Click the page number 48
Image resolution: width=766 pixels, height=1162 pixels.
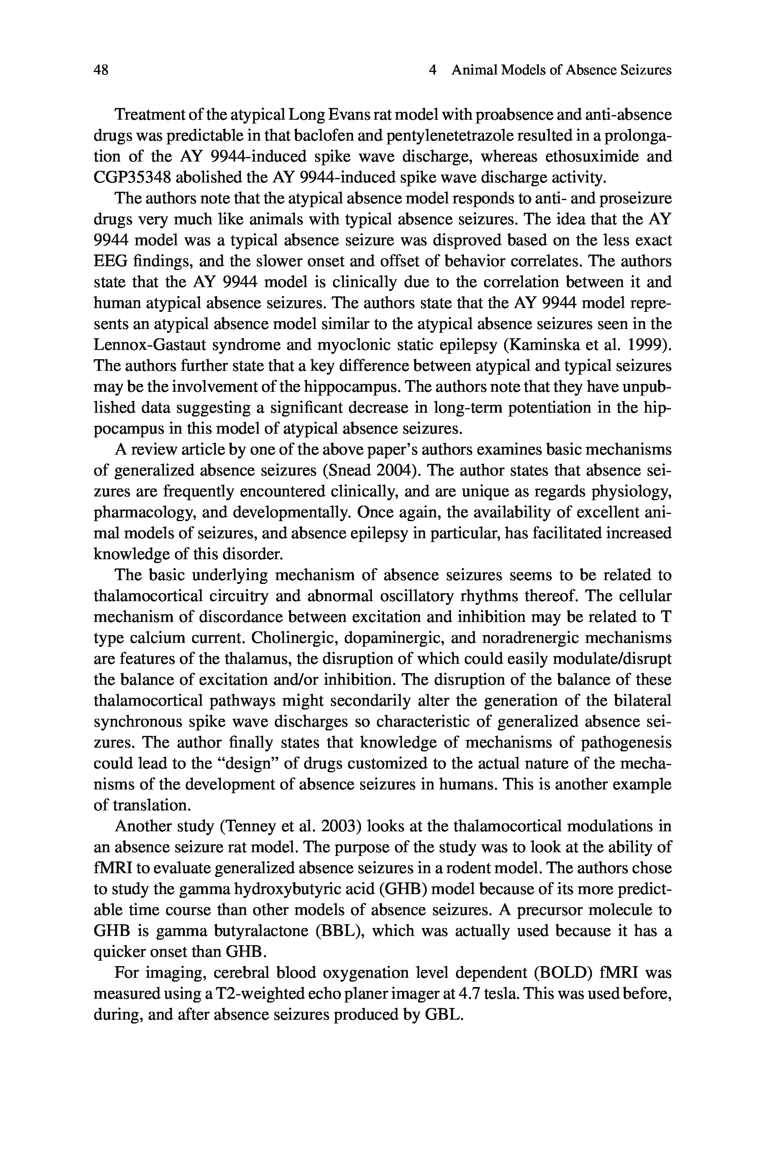point(101,70)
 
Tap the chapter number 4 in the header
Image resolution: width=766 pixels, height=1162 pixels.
point(432,70)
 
